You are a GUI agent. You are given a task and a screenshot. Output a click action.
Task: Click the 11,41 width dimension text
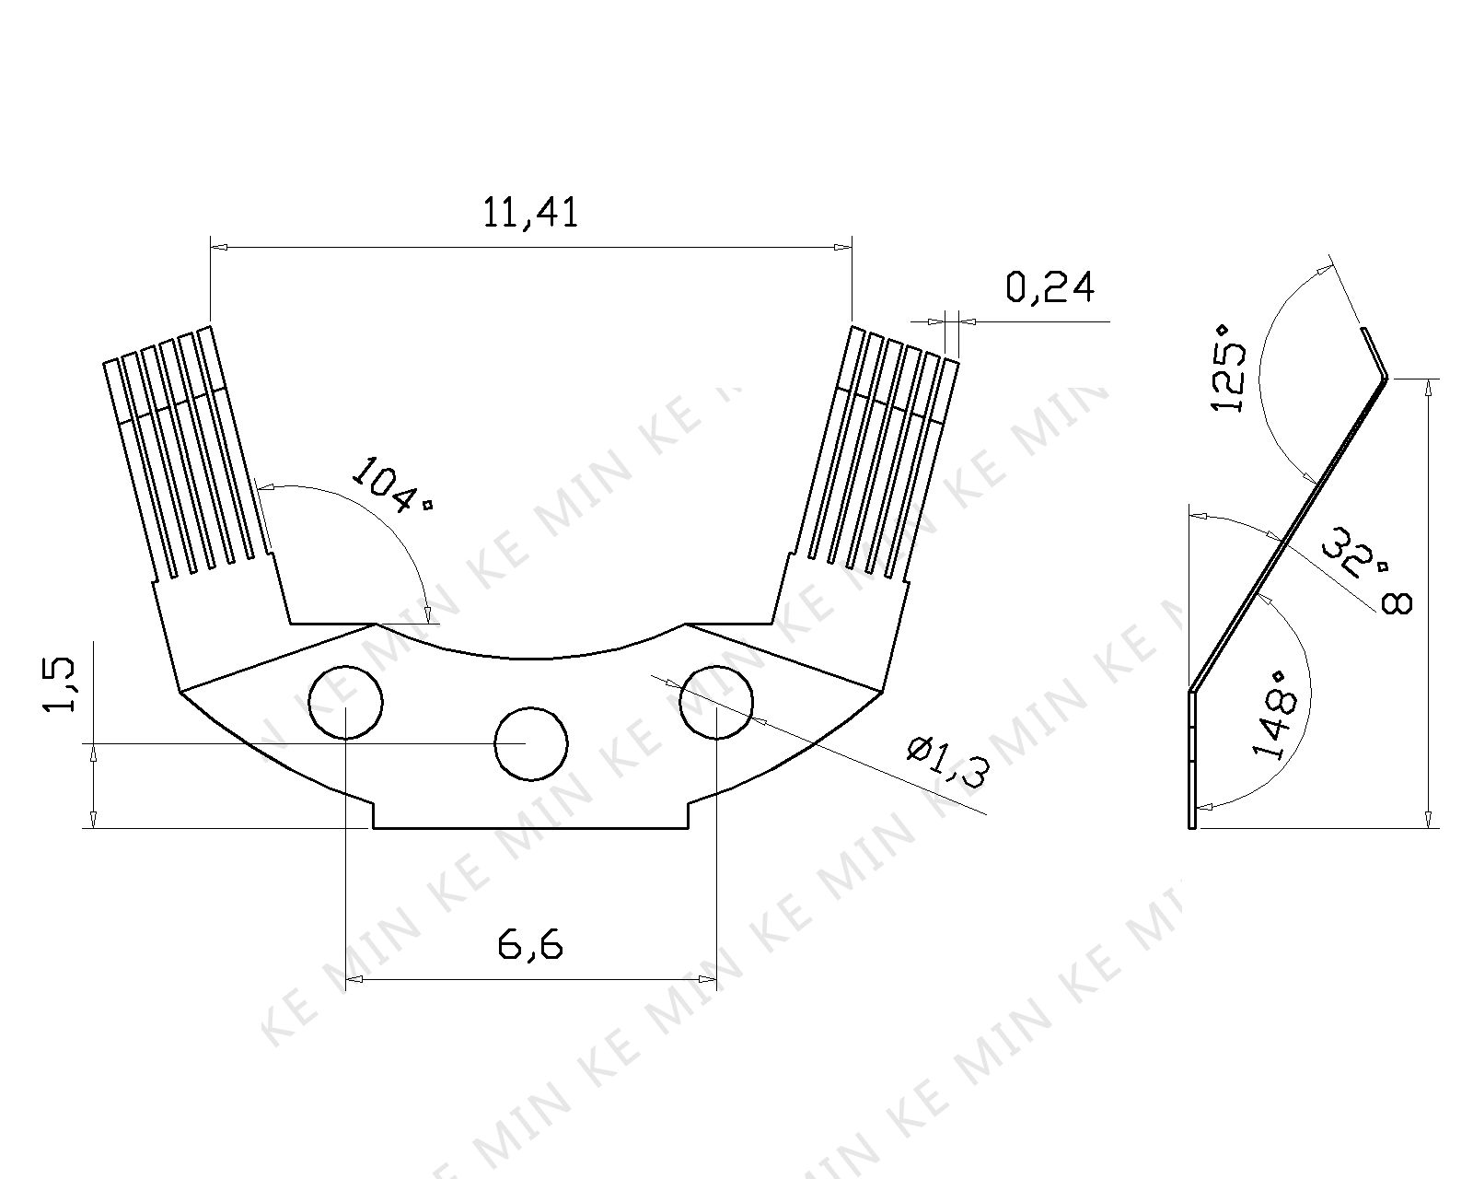[x=530, y=213]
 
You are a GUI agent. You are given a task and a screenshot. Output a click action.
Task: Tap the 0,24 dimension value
[x=1050, y=287]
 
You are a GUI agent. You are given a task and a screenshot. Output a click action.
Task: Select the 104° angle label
[x=391, y=484]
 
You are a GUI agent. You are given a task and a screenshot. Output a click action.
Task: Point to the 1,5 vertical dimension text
[x=60, y=684]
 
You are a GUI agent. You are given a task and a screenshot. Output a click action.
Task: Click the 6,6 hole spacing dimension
[x=530, y=945]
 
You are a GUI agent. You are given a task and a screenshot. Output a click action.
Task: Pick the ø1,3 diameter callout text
[x=948, y=762]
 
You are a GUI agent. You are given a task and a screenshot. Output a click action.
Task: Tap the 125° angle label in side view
[x=1228, y=368]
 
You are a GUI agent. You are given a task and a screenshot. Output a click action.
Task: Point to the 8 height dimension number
[x=1397, y=603]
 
